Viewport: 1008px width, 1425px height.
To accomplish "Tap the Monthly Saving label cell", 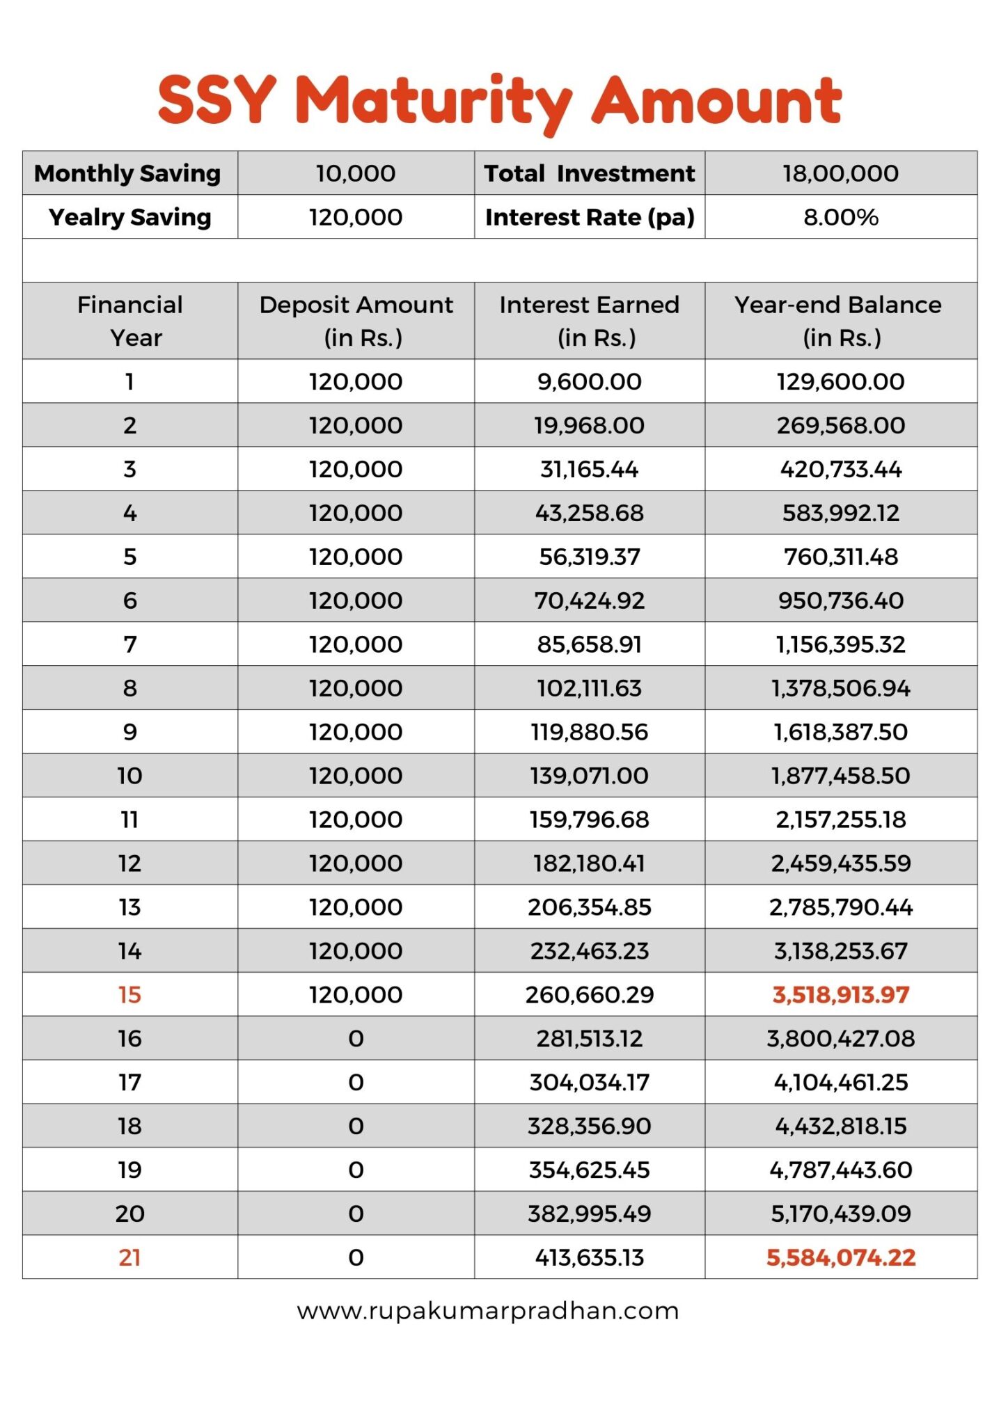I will (x=129, y=173).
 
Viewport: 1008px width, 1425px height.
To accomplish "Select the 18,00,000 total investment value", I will (x=840, y=173).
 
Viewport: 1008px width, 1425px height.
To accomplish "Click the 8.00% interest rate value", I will (x=840, y=217).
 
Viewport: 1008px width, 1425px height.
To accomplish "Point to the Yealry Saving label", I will (x=129, y=217).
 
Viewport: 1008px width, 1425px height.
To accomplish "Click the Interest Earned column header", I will (x=589, y=321).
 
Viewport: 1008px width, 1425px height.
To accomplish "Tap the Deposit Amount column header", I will (x=356, y=321).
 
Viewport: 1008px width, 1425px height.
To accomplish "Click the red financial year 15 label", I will (x=129, y=994).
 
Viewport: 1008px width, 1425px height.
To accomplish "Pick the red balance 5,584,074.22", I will (x=840, y=1257).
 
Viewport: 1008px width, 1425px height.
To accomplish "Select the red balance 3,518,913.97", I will (x=840, y=994).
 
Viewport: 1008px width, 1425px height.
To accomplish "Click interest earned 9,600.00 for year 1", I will (x=589, y=381).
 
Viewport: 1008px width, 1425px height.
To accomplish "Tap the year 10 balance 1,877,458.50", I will (x=840, y=776).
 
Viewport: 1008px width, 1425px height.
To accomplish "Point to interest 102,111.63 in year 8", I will (x=589, y=688).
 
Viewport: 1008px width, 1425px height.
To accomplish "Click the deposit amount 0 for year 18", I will (x=356, y=1126).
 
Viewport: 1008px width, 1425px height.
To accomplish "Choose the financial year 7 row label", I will (x=129, y=644).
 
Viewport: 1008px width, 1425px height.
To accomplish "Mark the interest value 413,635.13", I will (x=589, y=1257).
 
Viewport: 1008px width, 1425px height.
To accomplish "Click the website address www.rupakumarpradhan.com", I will (x=487, y=1311).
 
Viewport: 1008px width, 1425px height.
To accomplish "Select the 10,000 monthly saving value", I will (x=356, y=173).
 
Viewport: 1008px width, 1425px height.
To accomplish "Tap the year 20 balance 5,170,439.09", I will (x=840, y=1213).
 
